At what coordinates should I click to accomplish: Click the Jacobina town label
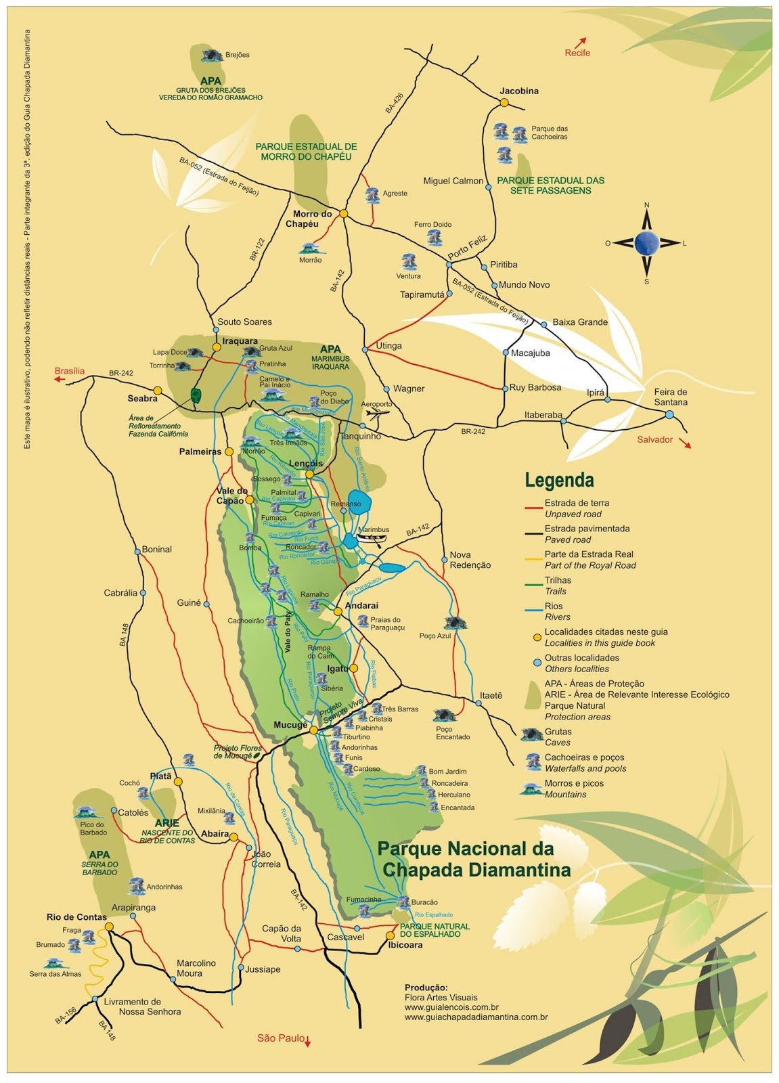(x=519, y=91)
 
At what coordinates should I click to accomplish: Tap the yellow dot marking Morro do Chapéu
(x=343, y=213)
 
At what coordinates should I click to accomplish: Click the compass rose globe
(x=646, y=242)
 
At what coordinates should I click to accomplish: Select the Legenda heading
(x=559, y=481)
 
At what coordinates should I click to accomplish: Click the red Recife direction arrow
(x=581, y=42)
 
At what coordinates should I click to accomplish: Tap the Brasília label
(x=70, y=371)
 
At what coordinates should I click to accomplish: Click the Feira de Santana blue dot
(x=669, y=414)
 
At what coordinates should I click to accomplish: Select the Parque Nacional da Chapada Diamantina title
(x=474, y=859)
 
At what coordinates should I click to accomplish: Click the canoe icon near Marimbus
(x=372, y=539)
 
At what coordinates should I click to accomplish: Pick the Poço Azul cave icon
(x=455, y=623)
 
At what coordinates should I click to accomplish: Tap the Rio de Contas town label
(x=76, y=917)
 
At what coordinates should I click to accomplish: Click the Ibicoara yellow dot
(x=390, y=935)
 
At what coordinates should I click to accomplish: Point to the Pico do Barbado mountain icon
(x=86, y=812)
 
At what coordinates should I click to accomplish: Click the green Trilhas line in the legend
(x=534, y=584)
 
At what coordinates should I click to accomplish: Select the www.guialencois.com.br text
(x=451, y=1007)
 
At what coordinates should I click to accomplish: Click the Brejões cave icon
(x=211, y=55)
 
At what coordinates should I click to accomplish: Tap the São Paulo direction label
(x=281, y=1038)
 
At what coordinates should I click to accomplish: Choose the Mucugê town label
(x=290, y=725)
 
